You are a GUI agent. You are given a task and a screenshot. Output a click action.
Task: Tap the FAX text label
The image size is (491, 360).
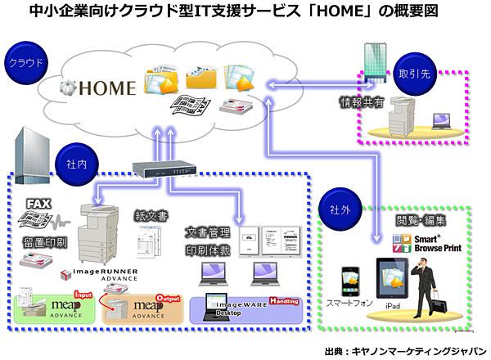(x=39, y=203)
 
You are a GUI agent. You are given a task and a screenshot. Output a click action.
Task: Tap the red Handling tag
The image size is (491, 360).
(x=284, y=301)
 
